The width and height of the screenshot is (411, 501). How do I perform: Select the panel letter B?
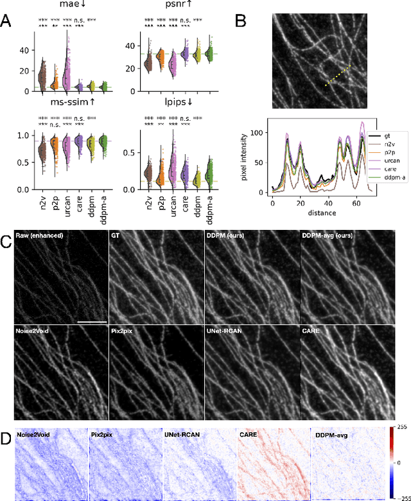[x=241, y=21]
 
